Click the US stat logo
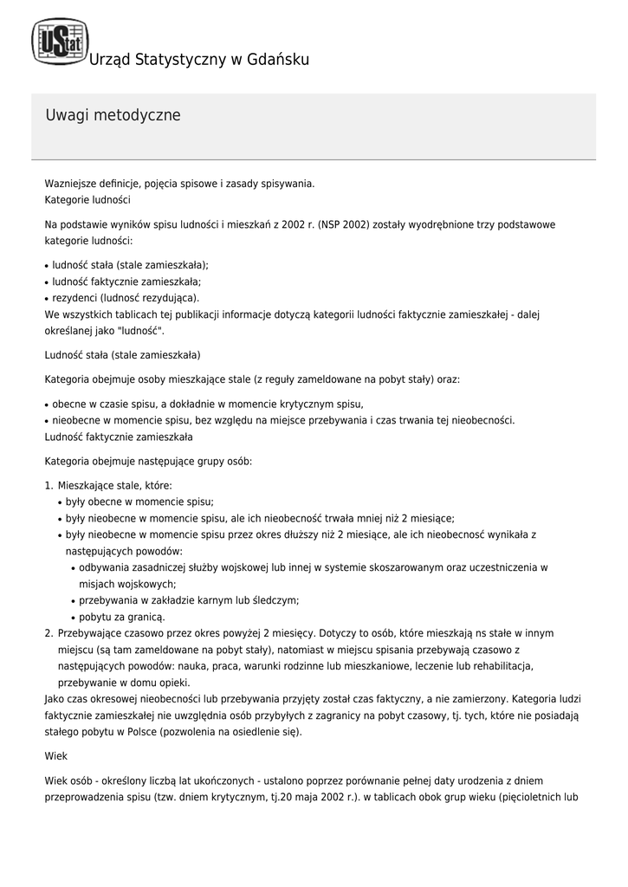(60, 42)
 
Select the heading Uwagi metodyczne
(113, 115)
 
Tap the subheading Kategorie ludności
(87, 199)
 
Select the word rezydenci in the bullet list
(74, 297)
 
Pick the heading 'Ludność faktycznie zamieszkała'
(119, 437)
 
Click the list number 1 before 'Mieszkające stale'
(49, 485)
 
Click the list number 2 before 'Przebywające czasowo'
(49, 633)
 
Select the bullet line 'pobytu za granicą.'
(121, 617)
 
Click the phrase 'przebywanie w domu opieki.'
(124, 682)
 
